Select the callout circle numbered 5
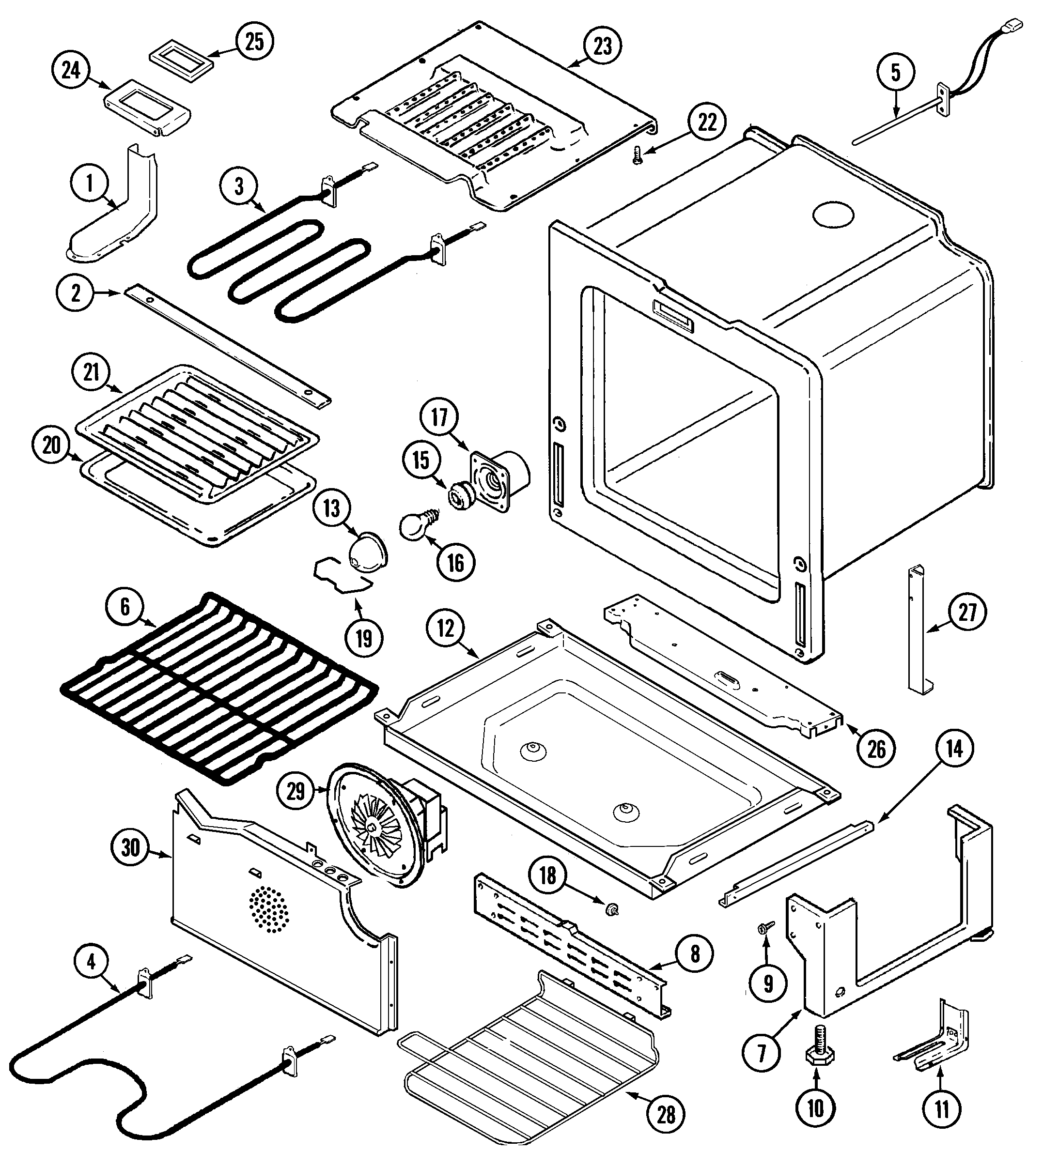click(x=895, y=73)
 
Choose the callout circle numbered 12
click(x=446, y=628)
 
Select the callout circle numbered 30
click(x=130, y=847)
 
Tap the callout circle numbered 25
click(x=254, y=41)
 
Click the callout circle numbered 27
click(x=967, y=612)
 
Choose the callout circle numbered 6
click(x=125, y=606)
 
